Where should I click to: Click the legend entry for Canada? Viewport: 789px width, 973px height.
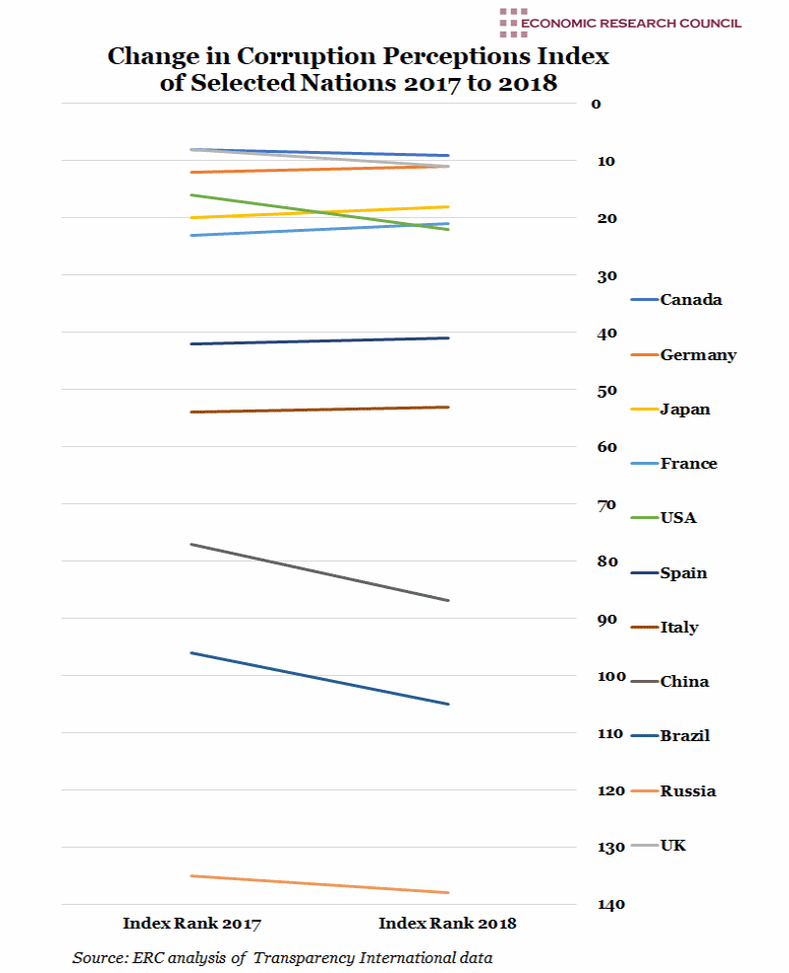tap(690, 300)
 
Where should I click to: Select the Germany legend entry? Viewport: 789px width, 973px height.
tap(697, 355)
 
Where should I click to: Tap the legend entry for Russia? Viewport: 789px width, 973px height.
tap(687, 791)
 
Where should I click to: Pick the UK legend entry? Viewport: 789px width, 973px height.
tap(674, 846)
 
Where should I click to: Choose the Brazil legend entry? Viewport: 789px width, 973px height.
tap(684, 736)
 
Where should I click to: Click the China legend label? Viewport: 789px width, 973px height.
tap(684, 682)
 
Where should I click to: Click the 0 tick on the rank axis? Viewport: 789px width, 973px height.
tap(596, 104)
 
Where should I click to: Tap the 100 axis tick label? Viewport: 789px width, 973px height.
tap(610, 677)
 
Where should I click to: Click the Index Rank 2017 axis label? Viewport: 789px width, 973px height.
tap(191, 925)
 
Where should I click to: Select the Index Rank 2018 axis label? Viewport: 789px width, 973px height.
tap(448, 925)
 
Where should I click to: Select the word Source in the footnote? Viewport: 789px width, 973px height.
tap(98, 958)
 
